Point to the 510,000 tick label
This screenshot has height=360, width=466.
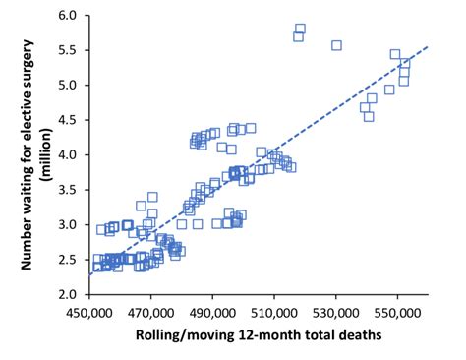click(274, 313)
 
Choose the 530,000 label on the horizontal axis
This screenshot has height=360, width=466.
click(336, 313)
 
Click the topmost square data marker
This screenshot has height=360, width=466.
click(300, 29)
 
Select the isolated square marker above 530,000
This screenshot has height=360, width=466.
click(336, 45)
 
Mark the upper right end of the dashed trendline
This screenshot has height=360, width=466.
click(428, 45)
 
